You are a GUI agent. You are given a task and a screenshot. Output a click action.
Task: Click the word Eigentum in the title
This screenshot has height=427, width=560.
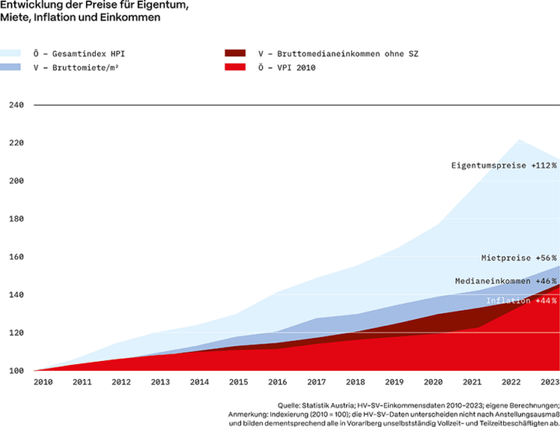click(164, 6)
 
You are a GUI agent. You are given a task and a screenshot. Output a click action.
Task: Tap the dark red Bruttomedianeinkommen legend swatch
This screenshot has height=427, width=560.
click(235, 54)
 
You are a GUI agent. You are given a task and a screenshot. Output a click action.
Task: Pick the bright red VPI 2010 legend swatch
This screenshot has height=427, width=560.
click(235, 67)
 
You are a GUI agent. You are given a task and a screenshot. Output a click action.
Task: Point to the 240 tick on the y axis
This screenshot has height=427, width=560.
click(17, 105)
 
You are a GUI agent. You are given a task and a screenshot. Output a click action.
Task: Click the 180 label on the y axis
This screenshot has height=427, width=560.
click(17, 219)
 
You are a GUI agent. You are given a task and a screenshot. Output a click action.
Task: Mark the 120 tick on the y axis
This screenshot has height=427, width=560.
click(17, 333)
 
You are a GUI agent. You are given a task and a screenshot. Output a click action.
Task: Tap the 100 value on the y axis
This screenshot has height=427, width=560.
click(17, 371)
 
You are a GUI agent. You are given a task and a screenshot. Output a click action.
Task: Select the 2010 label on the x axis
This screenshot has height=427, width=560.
click(44, 383)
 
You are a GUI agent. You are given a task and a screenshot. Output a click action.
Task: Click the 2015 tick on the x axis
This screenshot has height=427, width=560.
click(238, 383)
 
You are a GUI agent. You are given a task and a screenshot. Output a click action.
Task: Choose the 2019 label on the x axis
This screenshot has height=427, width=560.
click(394, 383)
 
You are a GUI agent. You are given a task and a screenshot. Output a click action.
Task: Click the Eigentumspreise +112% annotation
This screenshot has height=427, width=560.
click(503, 166)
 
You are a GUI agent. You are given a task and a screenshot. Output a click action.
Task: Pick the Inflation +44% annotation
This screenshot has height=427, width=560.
click(520, 301)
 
